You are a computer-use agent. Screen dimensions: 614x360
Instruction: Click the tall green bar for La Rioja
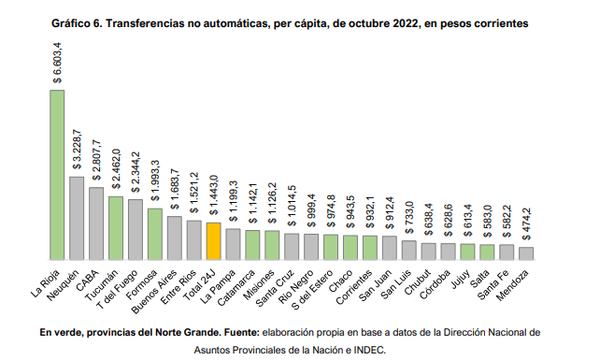pos(57,175)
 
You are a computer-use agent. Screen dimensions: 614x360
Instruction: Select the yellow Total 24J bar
pos(214,241)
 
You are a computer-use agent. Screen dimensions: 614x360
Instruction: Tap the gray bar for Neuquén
pos(77,218)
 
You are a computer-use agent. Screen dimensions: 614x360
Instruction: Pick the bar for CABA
pos(96,223)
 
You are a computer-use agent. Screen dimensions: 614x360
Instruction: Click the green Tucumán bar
pos(116,228)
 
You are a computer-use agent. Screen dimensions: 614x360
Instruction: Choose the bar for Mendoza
pos(526,253)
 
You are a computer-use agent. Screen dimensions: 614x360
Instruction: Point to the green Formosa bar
pos(155,234)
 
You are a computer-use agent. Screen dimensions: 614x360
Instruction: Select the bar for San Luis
pos(409,250)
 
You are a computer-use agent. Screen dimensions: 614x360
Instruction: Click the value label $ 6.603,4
pos(58,63)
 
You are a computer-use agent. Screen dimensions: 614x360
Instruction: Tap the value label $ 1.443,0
pos(214,195)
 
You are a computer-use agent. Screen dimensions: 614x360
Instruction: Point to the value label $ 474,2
pos(527,224)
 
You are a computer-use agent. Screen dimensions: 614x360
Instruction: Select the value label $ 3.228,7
pos(78,150)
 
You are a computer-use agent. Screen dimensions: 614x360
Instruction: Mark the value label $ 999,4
pos(312,210)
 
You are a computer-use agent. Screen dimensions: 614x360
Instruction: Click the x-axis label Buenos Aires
pos(155,292)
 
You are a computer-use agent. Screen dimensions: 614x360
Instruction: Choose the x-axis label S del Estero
pos(312,290)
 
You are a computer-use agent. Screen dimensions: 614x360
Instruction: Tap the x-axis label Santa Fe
pos(493,285)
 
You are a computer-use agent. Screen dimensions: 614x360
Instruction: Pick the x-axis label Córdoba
pos(436,284)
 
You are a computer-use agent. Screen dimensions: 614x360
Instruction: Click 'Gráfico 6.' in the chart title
pos(77,24)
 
